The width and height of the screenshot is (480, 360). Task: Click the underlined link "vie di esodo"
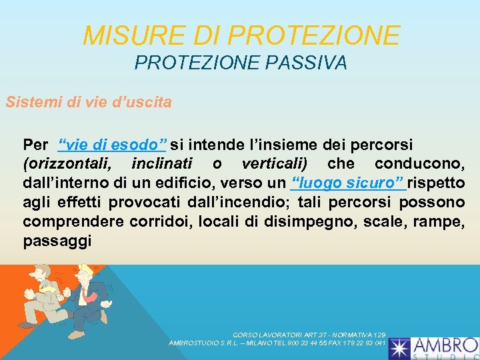[113, 145]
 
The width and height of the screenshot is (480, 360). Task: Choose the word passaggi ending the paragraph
[57, 241]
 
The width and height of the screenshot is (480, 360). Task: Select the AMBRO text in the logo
[445, 345]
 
